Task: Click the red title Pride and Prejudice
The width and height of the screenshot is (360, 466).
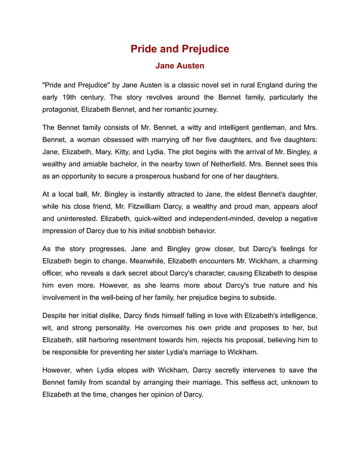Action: coord(179,49)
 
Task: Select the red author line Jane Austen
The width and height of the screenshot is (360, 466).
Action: coord(179,66)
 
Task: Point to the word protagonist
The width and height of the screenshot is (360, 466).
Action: coord(64,109)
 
